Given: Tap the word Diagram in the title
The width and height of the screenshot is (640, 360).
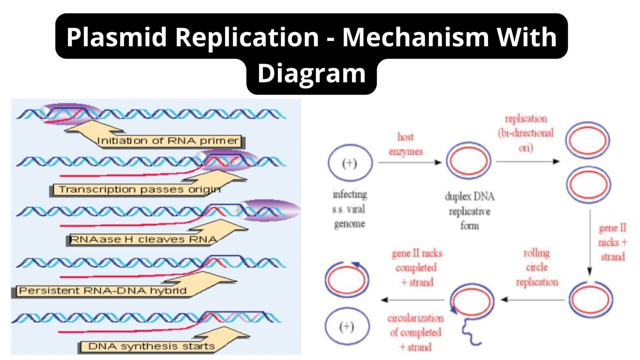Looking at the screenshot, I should tap(311, 73).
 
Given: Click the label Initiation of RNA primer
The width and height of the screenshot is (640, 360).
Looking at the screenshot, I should tap(168, 141).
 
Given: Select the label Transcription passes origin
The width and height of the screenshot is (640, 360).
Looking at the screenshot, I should tap(139, 190).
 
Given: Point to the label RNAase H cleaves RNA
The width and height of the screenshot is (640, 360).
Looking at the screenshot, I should tap(143, 240).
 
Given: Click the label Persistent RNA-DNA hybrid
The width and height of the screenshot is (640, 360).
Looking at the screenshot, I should tap(102, 290).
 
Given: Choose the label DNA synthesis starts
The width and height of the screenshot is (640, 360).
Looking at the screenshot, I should tap(151, 346).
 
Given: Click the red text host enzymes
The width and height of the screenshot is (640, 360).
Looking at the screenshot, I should tap(405, 144).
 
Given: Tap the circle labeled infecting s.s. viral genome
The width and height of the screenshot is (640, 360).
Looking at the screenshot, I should tap(350, 163).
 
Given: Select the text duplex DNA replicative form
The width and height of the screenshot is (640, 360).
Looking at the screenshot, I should tap(470, 211).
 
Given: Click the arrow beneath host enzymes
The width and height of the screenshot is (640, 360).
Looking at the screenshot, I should tap(410, 162).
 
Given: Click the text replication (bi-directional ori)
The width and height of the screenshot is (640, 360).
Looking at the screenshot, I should tap(526, 133).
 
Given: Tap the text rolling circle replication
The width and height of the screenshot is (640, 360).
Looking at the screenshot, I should tap(537, 267).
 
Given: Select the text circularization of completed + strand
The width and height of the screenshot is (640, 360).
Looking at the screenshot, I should tap(415, 332).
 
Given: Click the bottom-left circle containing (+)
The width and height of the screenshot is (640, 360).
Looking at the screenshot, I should tap(347, 326).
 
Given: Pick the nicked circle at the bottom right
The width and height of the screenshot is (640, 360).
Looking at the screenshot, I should tap(590, 300).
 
